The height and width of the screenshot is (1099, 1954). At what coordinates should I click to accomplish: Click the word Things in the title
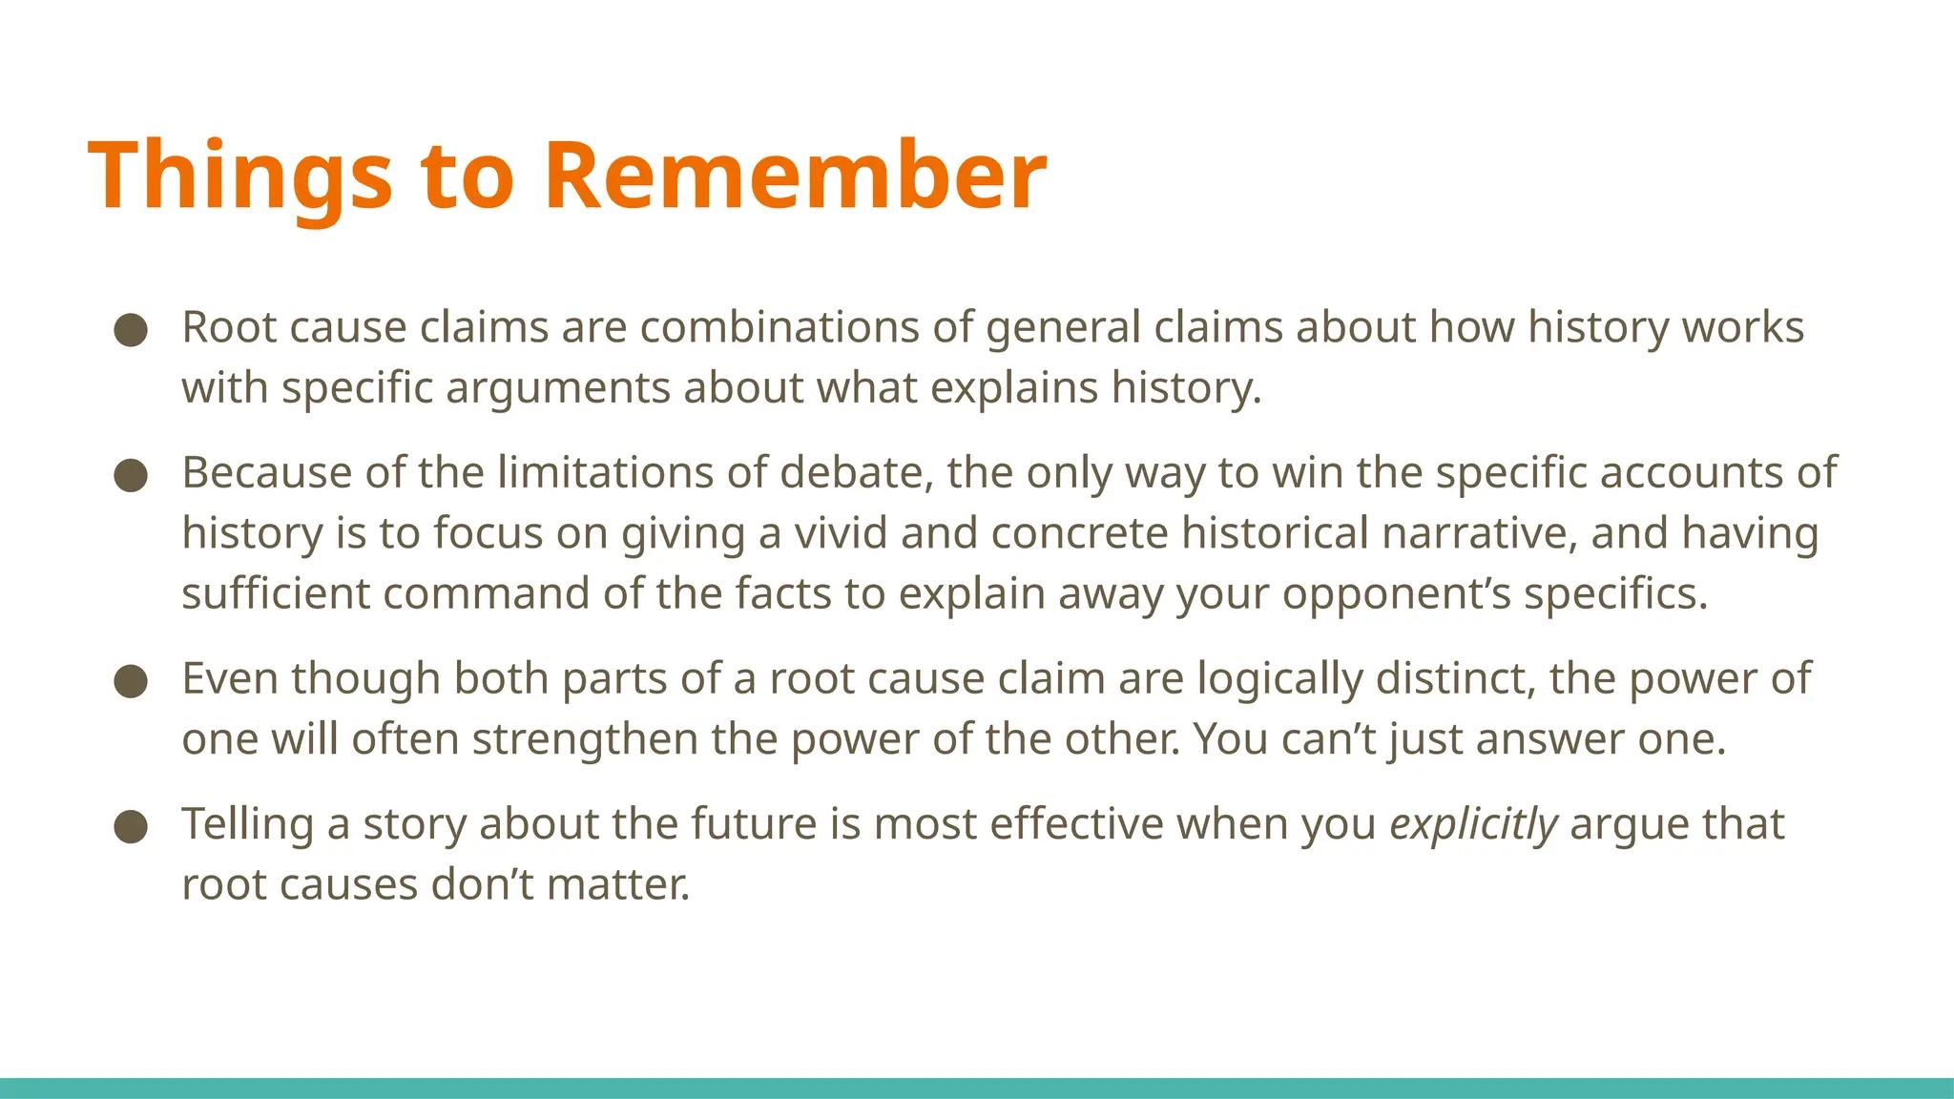pyautogui.click(x=239, y=176)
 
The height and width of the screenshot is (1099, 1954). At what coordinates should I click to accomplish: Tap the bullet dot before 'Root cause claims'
pyautogui.click(x=131, y=330)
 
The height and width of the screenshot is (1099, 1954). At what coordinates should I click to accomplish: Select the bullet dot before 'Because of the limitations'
pyautogui.click(x=131, y=475)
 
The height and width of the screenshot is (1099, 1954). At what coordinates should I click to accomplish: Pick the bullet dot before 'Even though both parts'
pyautogui.click(x=131, y=681)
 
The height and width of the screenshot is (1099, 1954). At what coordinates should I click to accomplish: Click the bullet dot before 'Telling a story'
pyautogui.click(x=131, y=826)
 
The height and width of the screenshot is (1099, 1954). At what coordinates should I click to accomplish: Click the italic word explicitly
pyautogui.click(x=1473, y=824)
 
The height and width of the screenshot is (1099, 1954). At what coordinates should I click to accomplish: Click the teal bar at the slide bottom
pyautogui.click(x=977, y=1088)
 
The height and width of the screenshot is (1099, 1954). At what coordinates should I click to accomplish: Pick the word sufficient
pyautogui.click(x=276, y=594)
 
